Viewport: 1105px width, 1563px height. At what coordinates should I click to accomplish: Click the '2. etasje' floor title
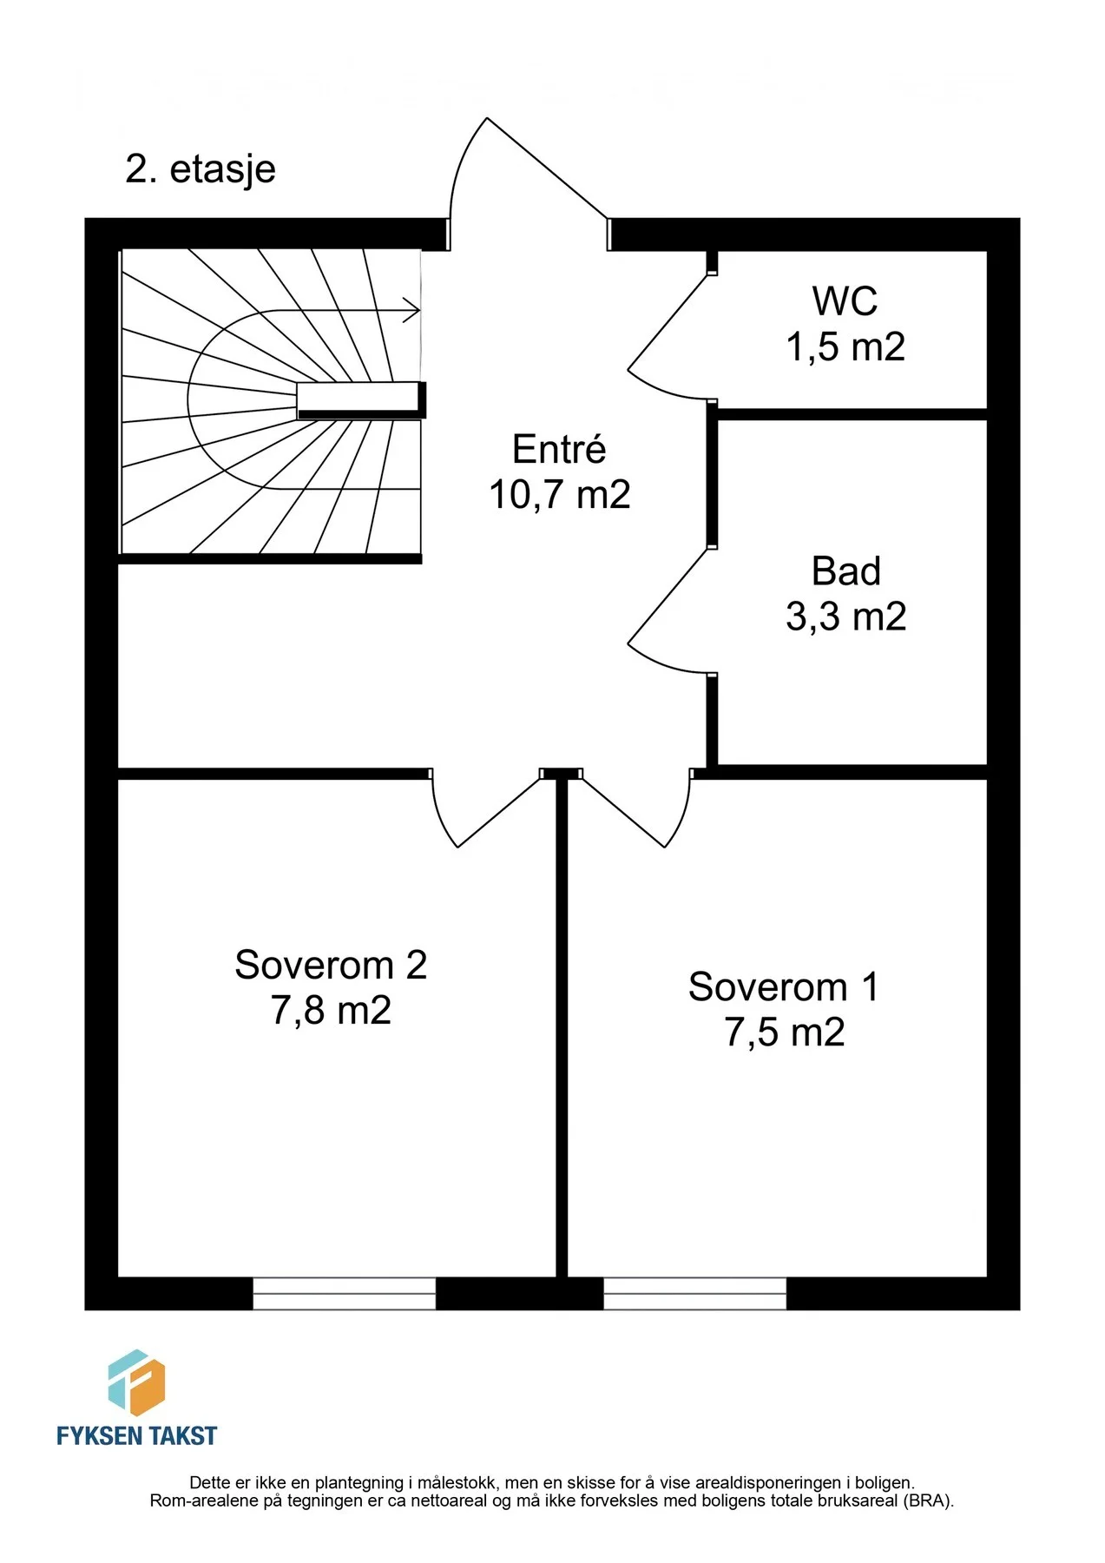(201, 170)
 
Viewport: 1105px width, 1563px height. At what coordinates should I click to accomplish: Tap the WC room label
(845, 301)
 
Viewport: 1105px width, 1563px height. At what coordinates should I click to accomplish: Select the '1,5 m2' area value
(845, 347)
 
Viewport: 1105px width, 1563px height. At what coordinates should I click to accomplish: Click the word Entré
(559, 449)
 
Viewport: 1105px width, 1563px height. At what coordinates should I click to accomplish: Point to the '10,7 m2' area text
(559, 495)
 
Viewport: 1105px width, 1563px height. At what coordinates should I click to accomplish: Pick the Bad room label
(845, 571)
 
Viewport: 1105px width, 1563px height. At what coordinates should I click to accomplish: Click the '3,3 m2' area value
(845, 617)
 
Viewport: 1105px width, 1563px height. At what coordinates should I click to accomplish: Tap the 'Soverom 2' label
(331, 965)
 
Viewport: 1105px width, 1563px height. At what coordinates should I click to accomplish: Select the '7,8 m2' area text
(331, 1010)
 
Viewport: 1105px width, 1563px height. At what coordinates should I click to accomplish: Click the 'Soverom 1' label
(783, 987)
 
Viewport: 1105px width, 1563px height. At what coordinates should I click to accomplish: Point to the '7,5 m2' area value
(784, 1032)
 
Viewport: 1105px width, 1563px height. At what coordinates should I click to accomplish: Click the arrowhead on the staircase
(411, 310)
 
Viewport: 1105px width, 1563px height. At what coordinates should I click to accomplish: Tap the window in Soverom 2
(345, 1293)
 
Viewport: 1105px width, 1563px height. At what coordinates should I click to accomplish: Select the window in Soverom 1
(695, 1293)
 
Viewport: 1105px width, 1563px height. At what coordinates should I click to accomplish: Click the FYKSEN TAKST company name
(136, 1435)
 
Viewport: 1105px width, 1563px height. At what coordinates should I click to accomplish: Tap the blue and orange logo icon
(136, 1382)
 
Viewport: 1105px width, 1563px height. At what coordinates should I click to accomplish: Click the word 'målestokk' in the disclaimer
(455, 1483)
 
